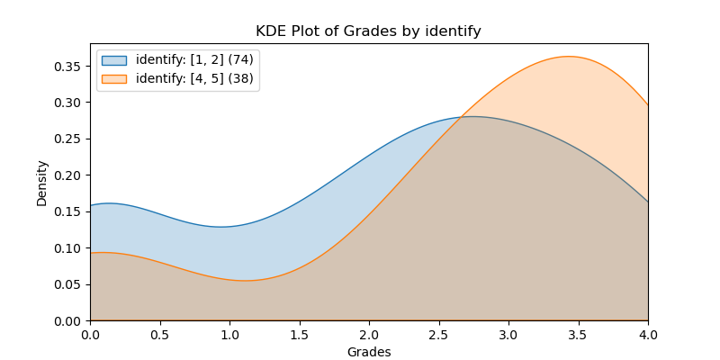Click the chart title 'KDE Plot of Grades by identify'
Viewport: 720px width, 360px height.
pos(368,31)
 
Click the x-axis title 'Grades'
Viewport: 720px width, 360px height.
pos(369,352)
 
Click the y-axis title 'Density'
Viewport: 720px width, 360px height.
pos(41,183)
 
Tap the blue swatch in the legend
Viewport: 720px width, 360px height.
pos(114,60)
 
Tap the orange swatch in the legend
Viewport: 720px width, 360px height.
pos(114,78)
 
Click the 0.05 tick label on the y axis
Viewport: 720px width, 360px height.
pos(71,284)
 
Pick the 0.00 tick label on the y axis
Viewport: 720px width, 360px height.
pos(71,320)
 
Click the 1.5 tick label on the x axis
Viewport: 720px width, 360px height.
pos(300,334)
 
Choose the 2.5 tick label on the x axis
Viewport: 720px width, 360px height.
pos(439,334)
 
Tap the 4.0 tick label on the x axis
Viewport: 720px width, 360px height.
pos(648,334)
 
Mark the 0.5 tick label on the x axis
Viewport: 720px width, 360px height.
pos(160,334)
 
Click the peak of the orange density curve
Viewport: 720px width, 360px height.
pos(567,57)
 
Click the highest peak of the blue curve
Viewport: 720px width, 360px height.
pos(472,116)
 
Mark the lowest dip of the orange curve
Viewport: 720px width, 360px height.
pos(245,280)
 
